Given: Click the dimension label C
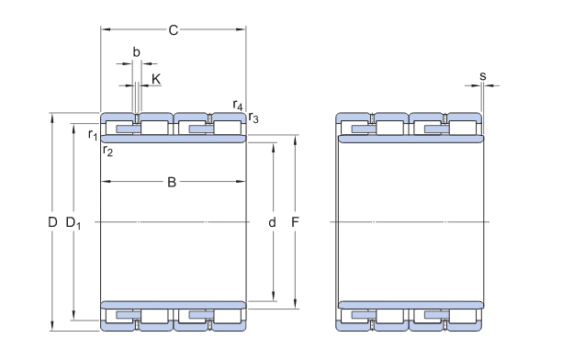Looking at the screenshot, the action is (174, 29).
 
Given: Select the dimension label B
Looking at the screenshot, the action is (172, 182).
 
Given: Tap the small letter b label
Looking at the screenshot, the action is (137, 52).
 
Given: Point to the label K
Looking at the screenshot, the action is (156, 79).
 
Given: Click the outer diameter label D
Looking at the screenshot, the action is (52, 222).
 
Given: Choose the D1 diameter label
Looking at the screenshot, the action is (73, 223).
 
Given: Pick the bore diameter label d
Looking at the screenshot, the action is (273, 222).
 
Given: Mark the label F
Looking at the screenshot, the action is (295, 222).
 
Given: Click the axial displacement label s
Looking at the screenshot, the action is (483, 76).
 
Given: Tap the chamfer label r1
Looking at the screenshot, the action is (93, 135).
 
